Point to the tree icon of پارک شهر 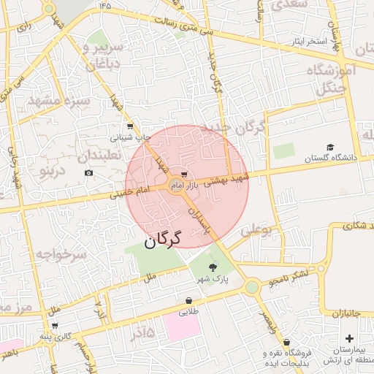213,268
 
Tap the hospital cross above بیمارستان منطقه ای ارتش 349,338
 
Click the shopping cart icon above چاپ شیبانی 130,126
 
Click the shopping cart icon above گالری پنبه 55,326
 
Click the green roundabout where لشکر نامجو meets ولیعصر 252,287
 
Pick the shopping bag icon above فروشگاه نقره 287,341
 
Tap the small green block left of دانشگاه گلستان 283,152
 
